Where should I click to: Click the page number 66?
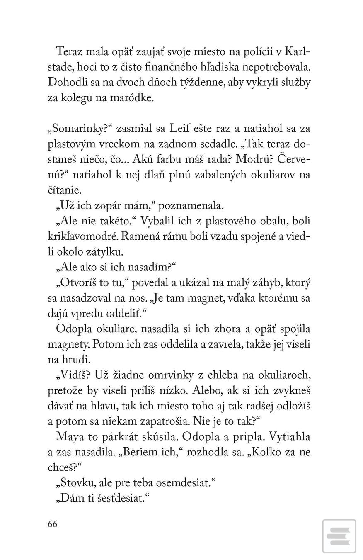click(x=53, y=524)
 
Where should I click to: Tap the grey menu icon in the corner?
click(x=339, y=536)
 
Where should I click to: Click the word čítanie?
click(x=65, y=190)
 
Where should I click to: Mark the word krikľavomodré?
click(x=78, y=236)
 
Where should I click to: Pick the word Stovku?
click(x=75, y=483)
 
